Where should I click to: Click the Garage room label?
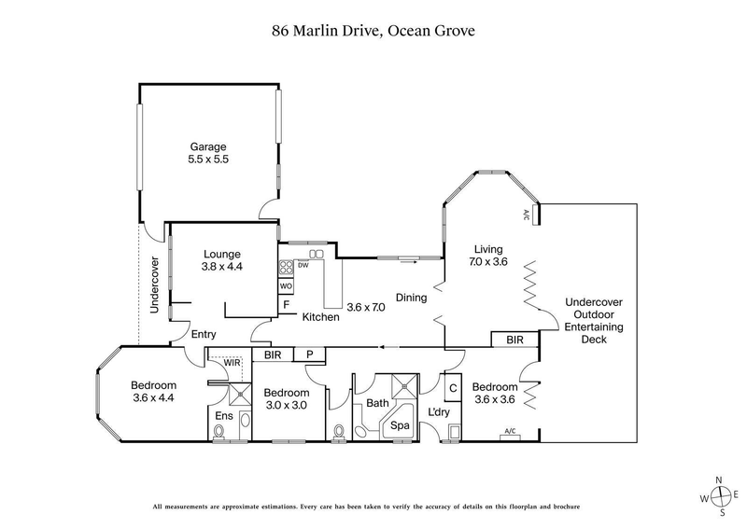(209, 146)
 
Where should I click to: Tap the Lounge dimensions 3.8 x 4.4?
(222, 267)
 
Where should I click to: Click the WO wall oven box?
(287, 285)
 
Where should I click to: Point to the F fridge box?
(287, 305)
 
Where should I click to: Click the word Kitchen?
(320, 317)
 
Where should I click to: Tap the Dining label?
(411, 299)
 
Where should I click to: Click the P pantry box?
(307, 354)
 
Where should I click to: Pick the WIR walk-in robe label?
(231, 362)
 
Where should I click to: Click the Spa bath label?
(400, 424)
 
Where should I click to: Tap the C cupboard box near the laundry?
(452, 387)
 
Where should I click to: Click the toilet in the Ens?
(219, 431)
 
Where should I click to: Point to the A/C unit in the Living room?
(527, 215)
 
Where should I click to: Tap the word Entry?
(204, 334)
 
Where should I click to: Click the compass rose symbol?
(718, 496)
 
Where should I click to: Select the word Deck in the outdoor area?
(594, 340)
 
